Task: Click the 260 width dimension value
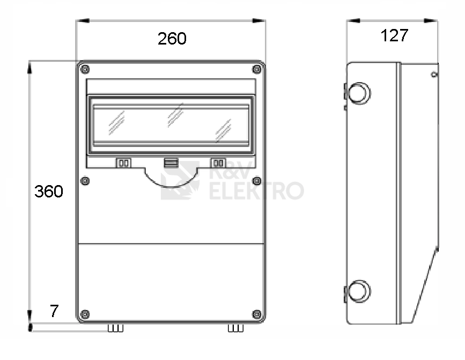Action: (172, 39)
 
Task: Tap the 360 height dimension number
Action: (49, 192)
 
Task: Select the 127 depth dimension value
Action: (394, 35)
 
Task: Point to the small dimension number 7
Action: (54, 311)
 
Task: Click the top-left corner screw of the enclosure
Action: (85, 69)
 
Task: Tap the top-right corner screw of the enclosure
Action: (256, 69)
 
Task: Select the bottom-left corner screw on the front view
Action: (85, 314)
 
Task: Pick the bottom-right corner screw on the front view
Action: (256, 314)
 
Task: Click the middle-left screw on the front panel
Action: (85, 181)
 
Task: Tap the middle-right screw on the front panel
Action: (256, 181)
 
